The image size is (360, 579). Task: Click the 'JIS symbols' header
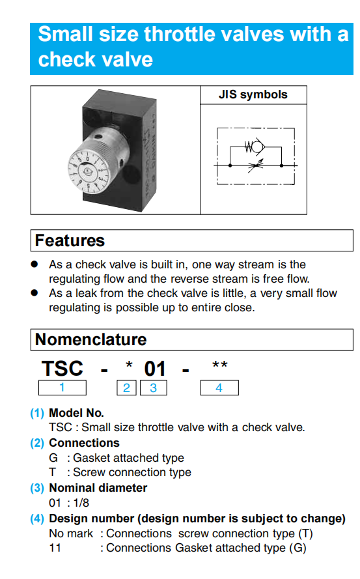tap(253, 94)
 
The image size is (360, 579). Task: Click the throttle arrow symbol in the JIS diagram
tap(256, 166)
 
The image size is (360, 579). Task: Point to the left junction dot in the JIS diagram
tap(230, 166)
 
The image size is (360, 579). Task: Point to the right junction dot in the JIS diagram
tap(281, 166)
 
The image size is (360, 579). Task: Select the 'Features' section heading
tap(70, 240)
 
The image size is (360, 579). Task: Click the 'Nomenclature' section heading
tap(91, 339)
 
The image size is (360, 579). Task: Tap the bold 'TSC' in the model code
tap(62, 369)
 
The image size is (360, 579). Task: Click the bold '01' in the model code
tap(155, 369)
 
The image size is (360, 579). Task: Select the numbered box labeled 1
tap(62, 388)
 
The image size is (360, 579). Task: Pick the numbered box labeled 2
tap(127, 388)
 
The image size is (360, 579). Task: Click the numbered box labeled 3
tap(154, 388)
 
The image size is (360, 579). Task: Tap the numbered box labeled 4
tap(219, 388)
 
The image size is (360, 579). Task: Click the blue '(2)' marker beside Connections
tap(37, 443)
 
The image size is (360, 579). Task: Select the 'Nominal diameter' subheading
tap(98, 488)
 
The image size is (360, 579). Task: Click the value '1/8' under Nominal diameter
tap(81, 503)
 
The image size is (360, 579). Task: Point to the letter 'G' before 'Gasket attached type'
tap(53, 458)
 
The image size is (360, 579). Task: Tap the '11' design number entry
tap(55, 548)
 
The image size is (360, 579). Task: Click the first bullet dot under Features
tap(35, 264)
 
